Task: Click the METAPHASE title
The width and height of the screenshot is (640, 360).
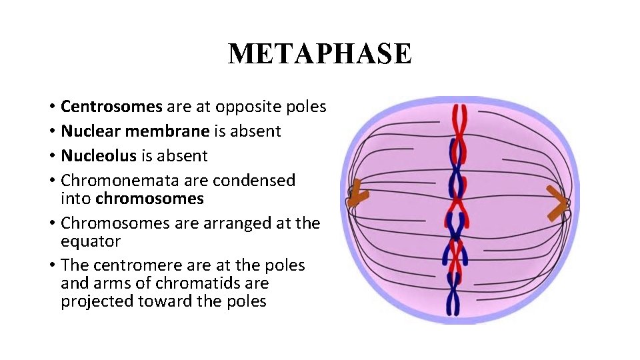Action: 320,53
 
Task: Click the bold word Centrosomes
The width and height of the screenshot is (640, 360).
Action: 111,107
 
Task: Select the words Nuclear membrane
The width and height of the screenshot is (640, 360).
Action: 135,131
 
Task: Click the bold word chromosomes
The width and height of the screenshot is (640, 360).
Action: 149,199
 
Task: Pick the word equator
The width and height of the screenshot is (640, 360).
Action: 91,241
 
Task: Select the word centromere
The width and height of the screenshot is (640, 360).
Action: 136,265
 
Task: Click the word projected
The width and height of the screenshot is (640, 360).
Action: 97,301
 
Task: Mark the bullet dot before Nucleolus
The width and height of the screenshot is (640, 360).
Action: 51,157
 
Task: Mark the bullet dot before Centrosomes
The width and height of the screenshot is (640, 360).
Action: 51,107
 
